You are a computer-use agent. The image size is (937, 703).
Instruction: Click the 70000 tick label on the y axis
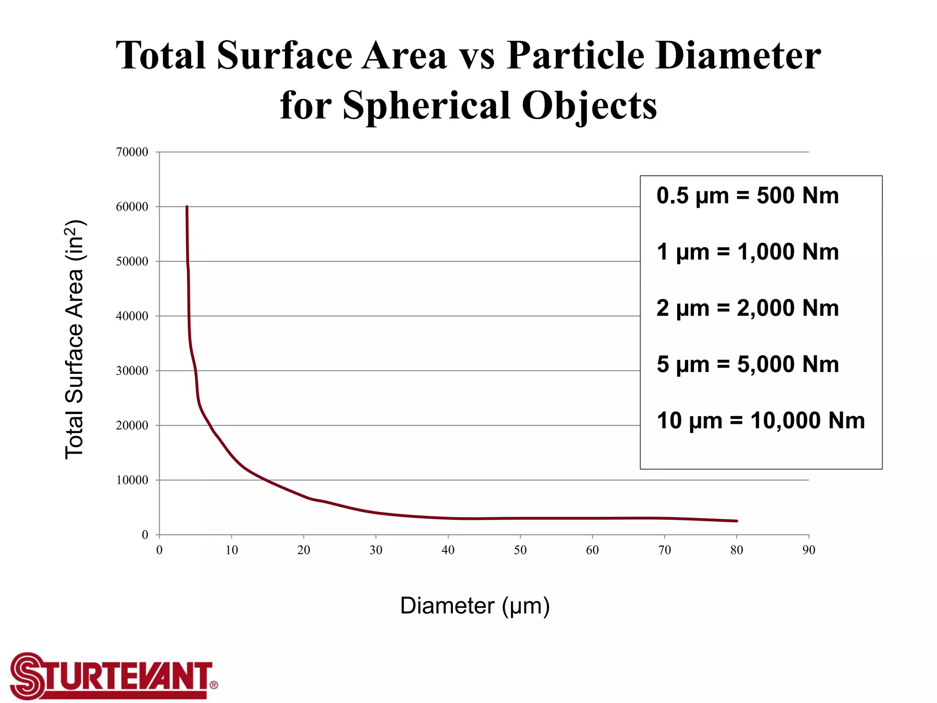(132, 152)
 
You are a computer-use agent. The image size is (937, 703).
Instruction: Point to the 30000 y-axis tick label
(132, 371)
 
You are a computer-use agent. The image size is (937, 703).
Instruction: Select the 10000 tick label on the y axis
(132, 481)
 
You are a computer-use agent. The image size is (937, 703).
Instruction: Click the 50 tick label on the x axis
(520, 550)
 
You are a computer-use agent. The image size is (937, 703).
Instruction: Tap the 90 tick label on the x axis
(808, 550)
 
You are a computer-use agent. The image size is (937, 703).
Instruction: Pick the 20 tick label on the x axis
(304, 550)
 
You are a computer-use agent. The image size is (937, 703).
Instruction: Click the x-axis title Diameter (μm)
(475, 606)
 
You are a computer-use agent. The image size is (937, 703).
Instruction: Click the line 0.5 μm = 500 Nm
(748, 196)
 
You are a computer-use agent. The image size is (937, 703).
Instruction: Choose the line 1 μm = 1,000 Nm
(748, 252)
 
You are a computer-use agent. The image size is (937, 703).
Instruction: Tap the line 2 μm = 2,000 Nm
(748, 308)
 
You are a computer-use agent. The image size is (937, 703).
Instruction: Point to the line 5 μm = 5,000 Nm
(748, 365)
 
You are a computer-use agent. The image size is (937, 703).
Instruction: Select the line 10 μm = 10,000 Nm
(760, 421)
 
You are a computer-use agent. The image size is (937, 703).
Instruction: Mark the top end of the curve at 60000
(187, 207)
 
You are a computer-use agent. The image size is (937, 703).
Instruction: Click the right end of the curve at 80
(736, 521)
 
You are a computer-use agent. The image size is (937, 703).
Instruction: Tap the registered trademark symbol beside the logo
(214, 685)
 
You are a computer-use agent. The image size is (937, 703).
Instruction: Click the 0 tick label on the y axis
(145, 535)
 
